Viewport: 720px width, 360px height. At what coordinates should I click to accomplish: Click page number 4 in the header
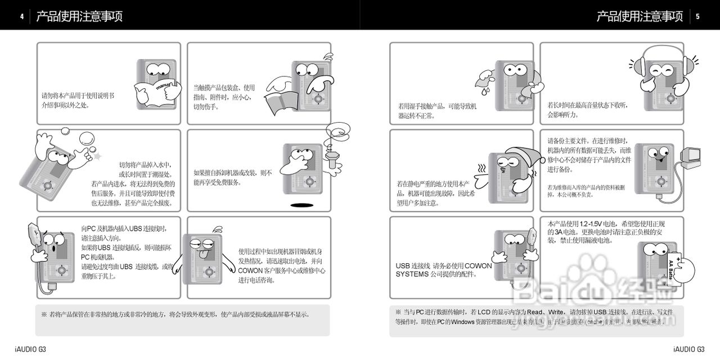point(21,16)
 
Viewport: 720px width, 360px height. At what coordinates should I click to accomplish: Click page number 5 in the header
point(697,16)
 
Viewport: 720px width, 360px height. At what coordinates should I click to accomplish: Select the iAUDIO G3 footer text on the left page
point(30,349)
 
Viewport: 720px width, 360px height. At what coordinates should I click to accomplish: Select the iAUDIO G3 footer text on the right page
point(688,349)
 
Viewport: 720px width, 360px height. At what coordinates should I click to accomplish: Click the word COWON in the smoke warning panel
point(251,270)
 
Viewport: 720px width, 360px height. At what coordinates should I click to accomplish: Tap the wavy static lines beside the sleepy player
point(481,169)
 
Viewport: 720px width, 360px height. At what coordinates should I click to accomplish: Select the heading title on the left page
point(79,16)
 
